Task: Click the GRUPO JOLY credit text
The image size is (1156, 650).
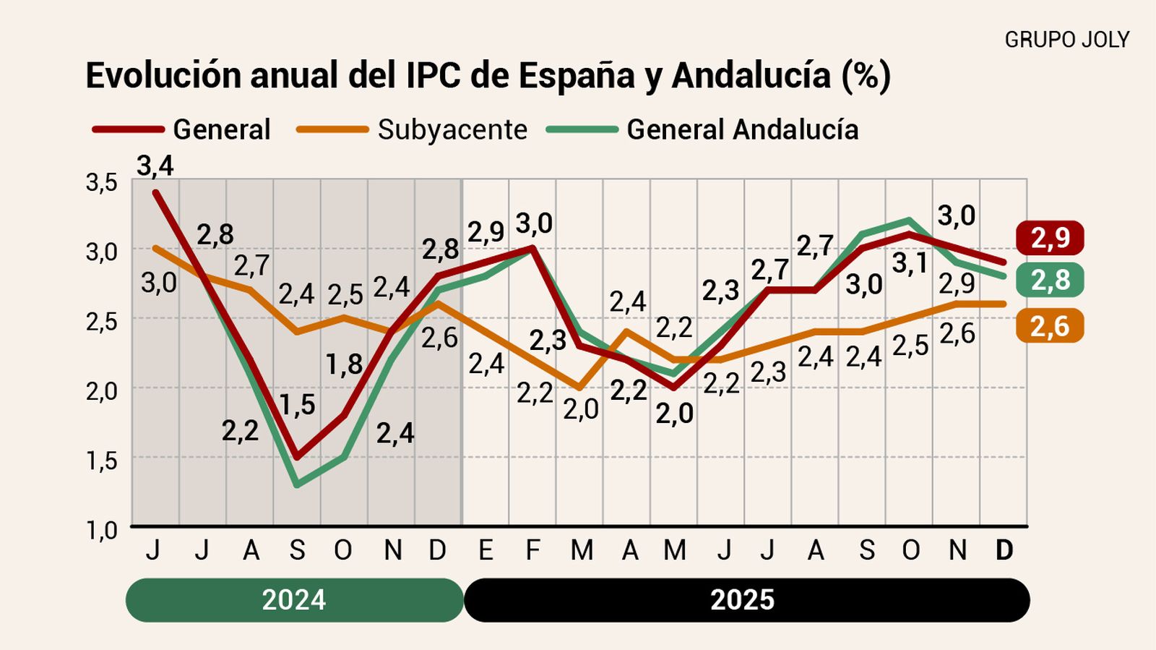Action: [1066, 40]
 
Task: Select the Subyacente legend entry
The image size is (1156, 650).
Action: [452, 130]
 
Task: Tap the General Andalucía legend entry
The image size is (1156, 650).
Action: [742, 130]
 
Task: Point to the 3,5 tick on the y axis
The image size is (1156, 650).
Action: [102, 183]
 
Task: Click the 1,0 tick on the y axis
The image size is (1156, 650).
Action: [102, 530]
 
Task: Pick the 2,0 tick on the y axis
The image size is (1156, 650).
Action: [102, 391]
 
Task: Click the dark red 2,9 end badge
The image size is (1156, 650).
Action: [1050, 238]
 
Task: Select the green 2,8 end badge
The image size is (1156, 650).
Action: [1050, 280]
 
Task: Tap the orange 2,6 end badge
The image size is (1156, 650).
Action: [1049, 326]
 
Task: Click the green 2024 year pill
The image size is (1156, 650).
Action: [294, 600]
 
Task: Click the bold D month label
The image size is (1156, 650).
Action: [1004, 551]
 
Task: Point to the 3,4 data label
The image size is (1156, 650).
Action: [155, 166]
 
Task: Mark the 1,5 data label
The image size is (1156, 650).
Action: [298, 405]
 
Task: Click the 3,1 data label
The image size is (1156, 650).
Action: [910, 264]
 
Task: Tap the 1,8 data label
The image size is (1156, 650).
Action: [344, 364]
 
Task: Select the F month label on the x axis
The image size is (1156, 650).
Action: [532, 551]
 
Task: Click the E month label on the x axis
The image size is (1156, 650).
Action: [486, 551]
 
